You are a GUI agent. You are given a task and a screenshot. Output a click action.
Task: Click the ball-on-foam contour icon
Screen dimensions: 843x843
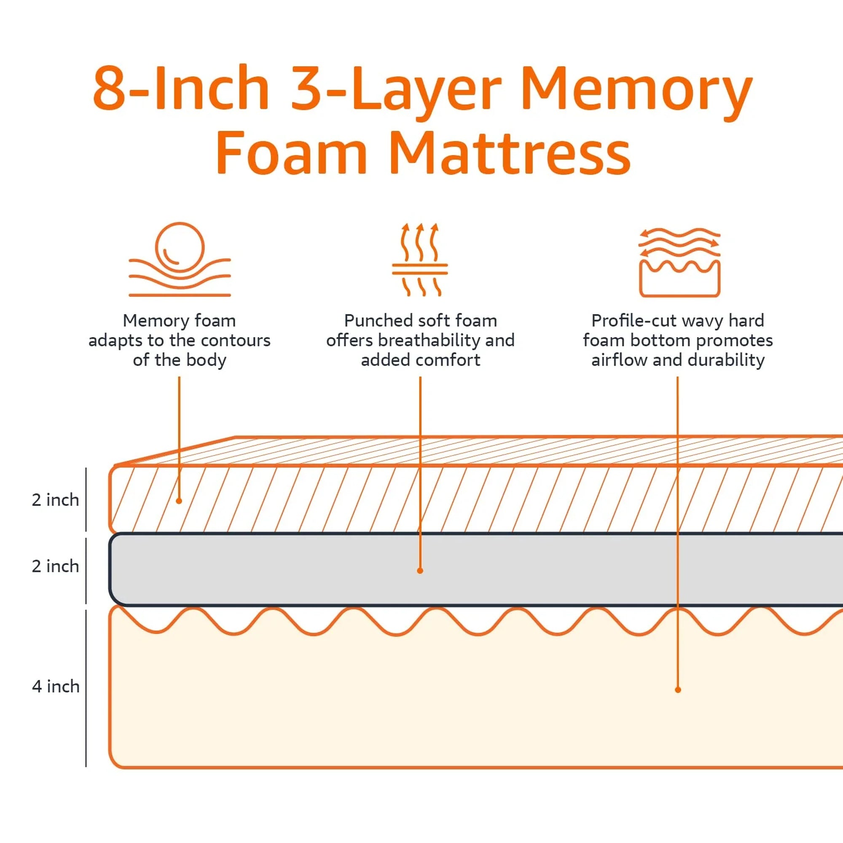(x=179, y=259)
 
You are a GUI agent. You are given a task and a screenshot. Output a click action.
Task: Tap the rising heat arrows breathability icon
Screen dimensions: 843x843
(x=420, y=259)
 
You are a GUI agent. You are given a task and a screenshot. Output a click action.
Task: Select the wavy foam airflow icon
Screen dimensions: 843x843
(x=679, y=262)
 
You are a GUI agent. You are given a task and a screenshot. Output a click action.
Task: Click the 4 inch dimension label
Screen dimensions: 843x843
(x=55, y=686)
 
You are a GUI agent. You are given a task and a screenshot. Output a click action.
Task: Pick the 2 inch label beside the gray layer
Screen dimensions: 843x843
(x=55, y=566)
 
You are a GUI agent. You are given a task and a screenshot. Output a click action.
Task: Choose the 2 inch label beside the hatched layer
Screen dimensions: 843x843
(x=55, y=499)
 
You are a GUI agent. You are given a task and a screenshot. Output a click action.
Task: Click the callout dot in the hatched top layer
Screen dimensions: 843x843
(x=179, y=501)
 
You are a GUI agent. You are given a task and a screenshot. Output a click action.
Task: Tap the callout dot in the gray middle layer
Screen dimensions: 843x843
(x=420, y=571)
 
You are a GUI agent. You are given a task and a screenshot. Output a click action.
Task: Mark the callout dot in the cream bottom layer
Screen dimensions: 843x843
(x=678, y=690)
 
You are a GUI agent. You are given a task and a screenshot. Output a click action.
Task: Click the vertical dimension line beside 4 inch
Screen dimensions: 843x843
(x=86, y=688)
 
